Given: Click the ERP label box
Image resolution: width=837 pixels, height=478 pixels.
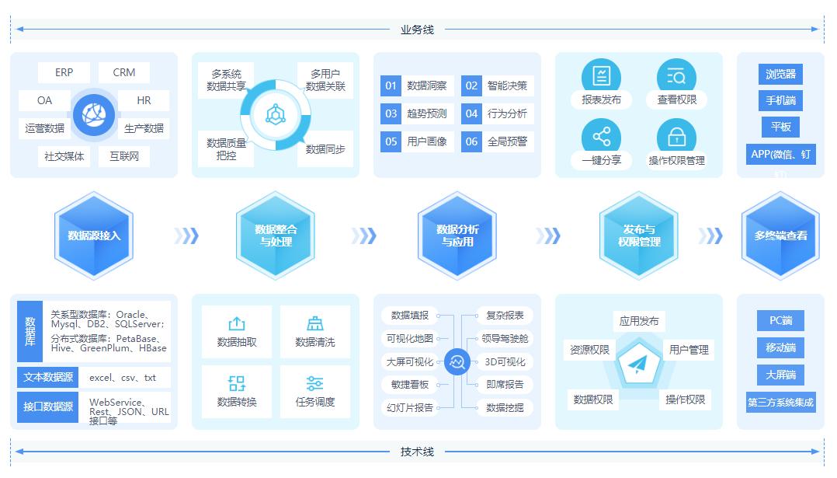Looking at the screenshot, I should (64, 72).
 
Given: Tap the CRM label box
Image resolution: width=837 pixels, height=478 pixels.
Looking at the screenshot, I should (124, 72).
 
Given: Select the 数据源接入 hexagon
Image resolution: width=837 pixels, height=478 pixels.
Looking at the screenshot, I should (94, 236).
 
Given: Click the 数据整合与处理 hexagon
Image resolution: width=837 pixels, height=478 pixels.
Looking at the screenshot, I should (276, 236).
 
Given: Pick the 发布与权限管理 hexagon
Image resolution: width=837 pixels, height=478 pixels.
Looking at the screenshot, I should (639, 236).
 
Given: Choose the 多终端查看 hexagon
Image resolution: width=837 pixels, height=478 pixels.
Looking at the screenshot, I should (780, 236).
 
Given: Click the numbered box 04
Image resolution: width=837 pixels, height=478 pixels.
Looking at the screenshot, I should (471, 113).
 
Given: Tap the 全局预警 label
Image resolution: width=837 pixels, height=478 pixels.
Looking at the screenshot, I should (507, 141).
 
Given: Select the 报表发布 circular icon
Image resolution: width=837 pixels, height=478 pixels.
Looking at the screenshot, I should (601, 76).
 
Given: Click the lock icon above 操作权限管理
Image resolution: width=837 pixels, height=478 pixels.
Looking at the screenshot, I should (676, 137).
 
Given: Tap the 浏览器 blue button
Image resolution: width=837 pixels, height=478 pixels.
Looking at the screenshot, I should (780, 74).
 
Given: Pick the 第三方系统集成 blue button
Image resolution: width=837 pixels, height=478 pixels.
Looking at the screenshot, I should (780, 403).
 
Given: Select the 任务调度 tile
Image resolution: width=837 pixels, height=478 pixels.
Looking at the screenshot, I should (314, 392).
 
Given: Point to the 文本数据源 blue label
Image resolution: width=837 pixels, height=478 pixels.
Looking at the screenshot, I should (48, 378).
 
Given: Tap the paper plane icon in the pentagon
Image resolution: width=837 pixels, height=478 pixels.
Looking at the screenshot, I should (639, 365).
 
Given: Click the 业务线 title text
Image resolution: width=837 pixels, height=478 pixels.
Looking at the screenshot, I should (417, 30).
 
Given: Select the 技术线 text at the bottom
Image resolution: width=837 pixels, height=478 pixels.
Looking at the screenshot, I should (417, 452).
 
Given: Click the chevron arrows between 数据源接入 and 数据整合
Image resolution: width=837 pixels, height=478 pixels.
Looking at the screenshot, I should (186, 236).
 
